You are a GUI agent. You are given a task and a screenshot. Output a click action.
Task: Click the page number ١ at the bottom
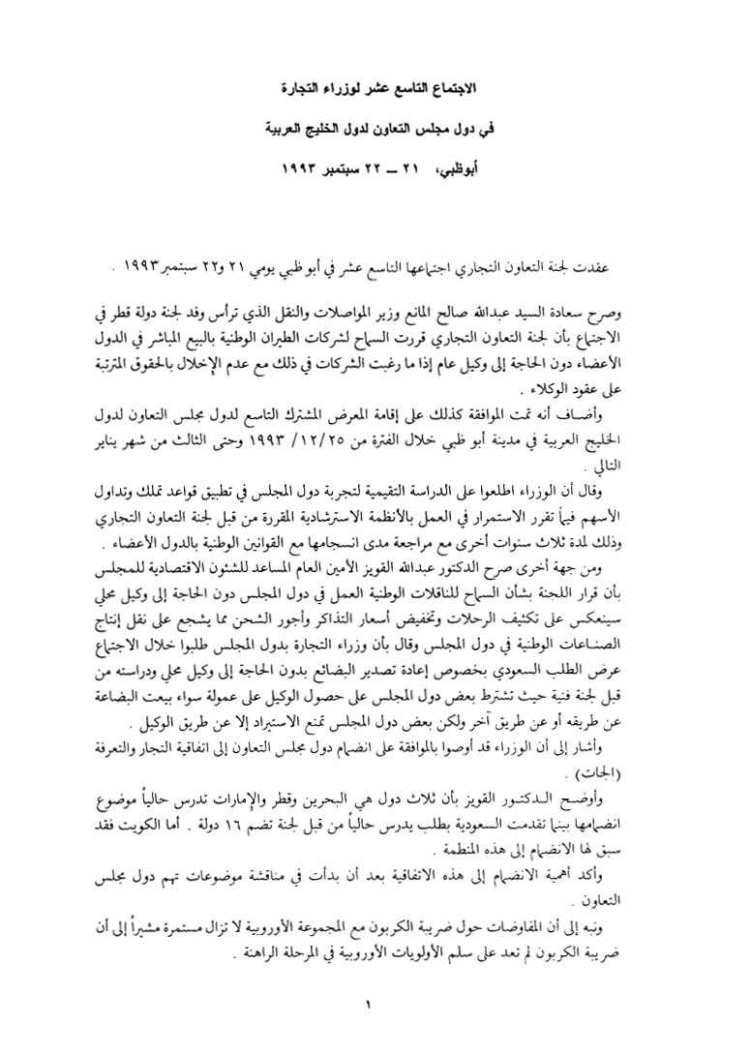click(369, 1006)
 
